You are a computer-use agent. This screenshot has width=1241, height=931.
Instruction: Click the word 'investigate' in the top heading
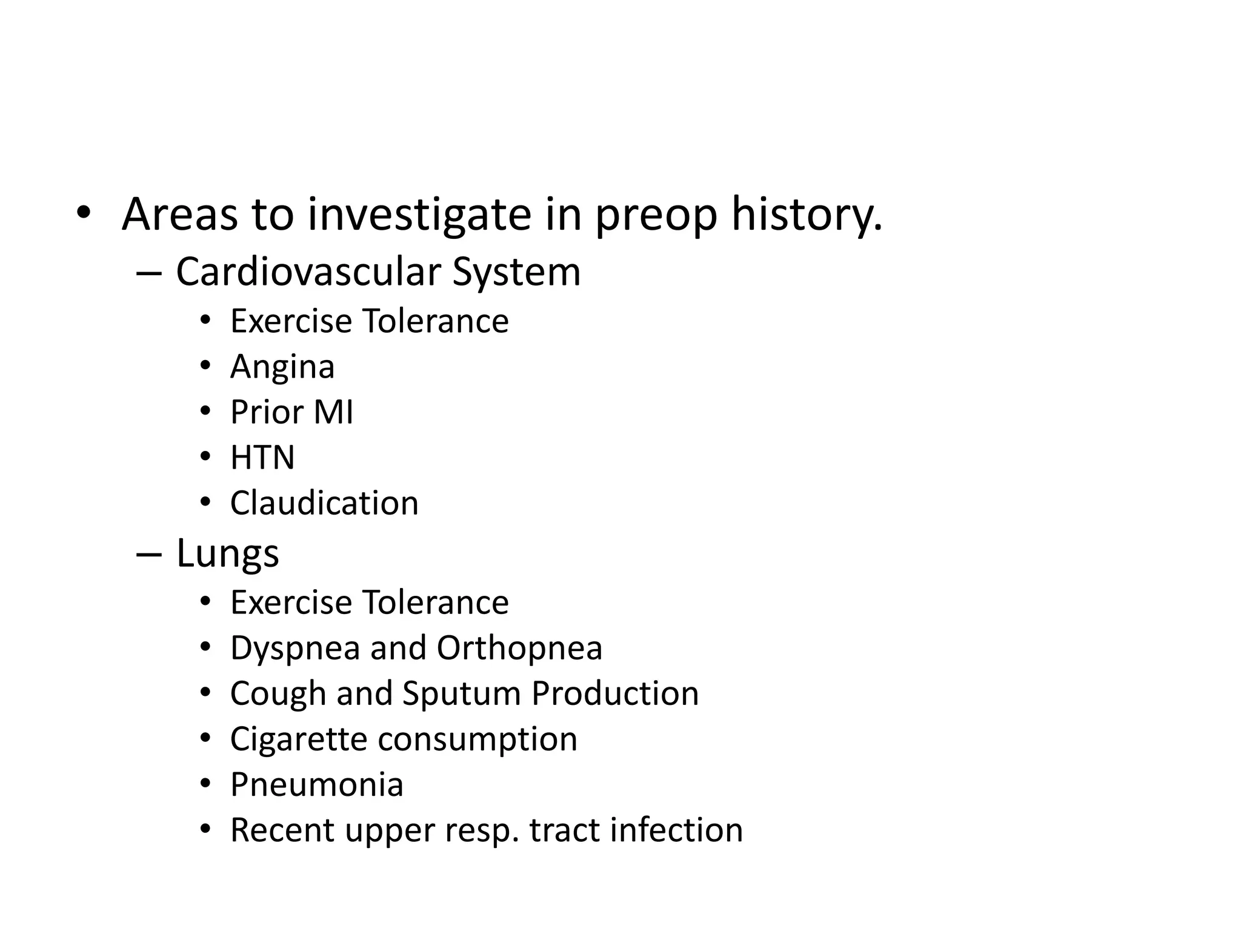(419, 215)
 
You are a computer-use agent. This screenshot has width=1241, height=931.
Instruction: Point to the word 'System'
(516, 273)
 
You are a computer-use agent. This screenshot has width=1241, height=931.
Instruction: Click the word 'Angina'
(282, 367)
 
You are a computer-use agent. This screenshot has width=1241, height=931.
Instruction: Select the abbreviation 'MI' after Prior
(333, 412)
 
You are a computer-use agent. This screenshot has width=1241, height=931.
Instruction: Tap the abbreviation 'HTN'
(262, 458)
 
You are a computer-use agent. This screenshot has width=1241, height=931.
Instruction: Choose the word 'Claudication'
(324, 503)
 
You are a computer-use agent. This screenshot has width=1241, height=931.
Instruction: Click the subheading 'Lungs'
(227, 554)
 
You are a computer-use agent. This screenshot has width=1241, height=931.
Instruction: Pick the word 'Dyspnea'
(295, 649)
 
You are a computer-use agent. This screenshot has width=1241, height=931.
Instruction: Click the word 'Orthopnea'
(519, 648)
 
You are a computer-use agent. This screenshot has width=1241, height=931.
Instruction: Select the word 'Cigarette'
(299, 739)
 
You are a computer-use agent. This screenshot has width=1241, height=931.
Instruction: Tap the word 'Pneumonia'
(317, 784)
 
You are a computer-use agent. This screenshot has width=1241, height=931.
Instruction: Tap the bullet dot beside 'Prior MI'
(205, 412)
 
